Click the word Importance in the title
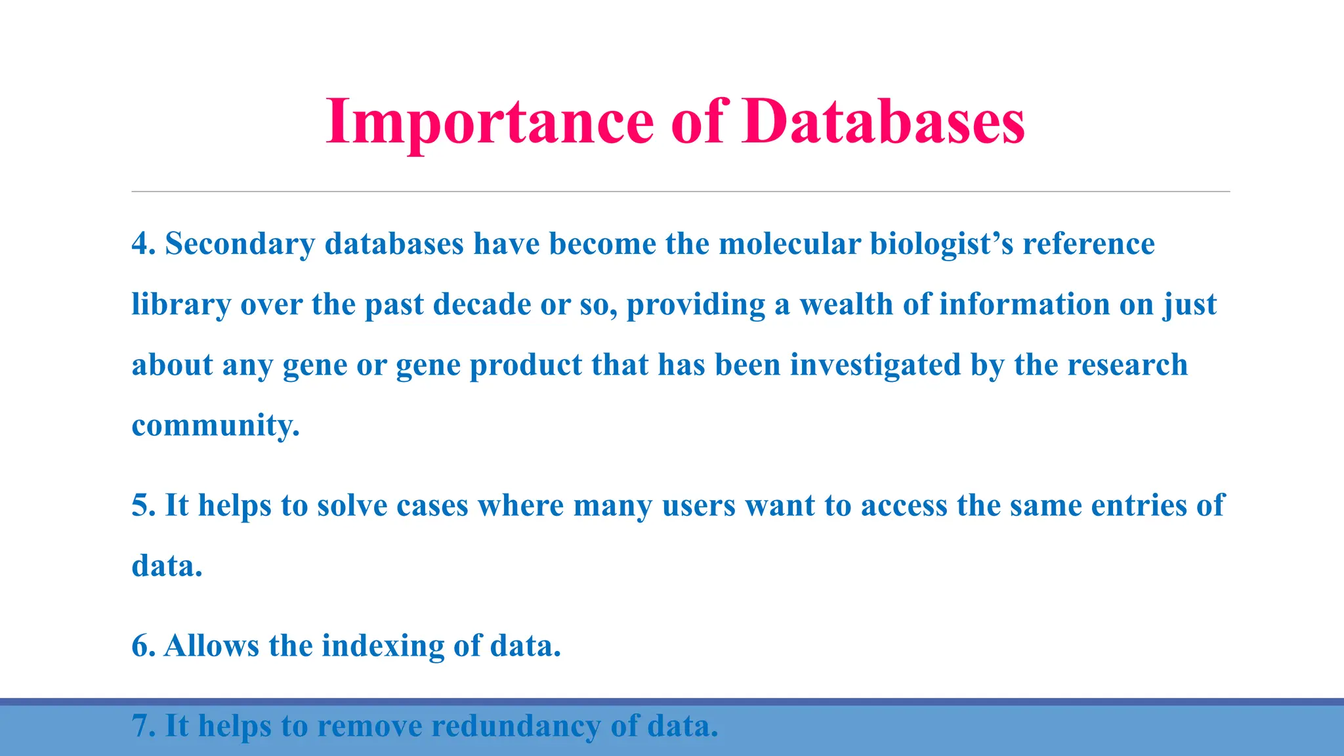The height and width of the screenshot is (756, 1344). pyautogui.click(x=490, y=121)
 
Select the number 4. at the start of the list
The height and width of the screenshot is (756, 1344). pyautogui.click(x=143, y=244)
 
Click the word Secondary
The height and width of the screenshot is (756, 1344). pyautogui.click(x=240, y=244)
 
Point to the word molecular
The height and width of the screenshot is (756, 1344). pyautogui.click(x=789, y=244)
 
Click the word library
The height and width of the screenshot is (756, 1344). pyautogui.click(x=181, y=305)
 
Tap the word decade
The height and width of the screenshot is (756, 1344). pyautogui.click(x=482, y=305)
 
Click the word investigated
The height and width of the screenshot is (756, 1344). pyautogui.click(x=875, y=366)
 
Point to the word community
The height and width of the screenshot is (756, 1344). pyautogui.click(x=215, y=426)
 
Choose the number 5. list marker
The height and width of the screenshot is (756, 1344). pyautogui.click(x=143, y=506)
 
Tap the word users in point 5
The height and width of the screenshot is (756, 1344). pyautogui.click(x=698, y=506)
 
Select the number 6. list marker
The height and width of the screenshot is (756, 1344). pyautogui.click(x=143, y=646)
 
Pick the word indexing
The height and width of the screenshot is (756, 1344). pyautogui.click(x=383, y=646)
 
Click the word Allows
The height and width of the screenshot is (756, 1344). pyautogui.click(x=211, y=646)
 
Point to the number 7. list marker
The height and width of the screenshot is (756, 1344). pyautogui.click(x=143, y=726)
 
